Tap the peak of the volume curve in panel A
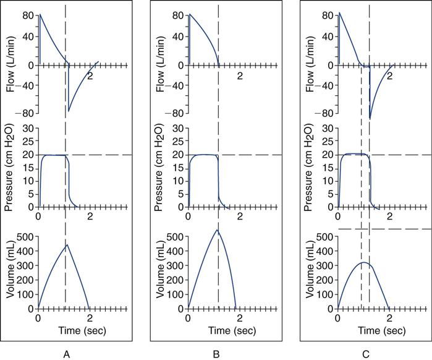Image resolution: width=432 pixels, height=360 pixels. (x=67, y=244)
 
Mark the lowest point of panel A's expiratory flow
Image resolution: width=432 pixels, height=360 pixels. (x=69, y=111)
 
